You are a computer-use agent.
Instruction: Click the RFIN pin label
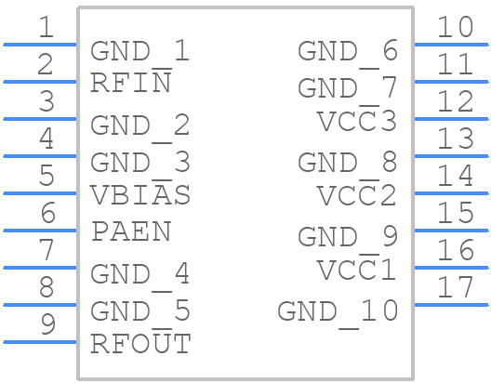[x=131, y=82]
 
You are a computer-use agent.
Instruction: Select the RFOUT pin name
[x=140, y=342]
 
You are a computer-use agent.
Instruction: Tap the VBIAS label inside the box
[x=140, y=193]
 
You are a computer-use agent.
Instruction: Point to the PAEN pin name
[x=131, y=231]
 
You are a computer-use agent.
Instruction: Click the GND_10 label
[x=338, y=312]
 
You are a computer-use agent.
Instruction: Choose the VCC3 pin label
[x=357, y=120]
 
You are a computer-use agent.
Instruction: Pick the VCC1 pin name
[x=357, y=269]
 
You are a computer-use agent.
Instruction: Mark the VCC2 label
[x=357, y=194]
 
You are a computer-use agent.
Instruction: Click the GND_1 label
[x=139, y=51]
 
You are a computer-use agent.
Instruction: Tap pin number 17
[x=455, y=287]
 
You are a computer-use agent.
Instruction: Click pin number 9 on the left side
[x=48, y=324]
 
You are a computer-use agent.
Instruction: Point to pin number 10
[x=455, y=27]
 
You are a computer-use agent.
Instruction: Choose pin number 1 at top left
[x=46, y=27]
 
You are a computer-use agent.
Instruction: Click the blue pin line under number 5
[x=40, y=193]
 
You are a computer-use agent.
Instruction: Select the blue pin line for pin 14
[x=451, y=193]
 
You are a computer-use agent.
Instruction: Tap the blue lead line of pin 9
[x=40, y=342]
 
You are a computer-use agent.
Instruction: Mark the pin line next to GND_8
[x=451, y=156]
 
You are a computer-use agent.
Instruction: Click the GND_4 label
[x=139, y=274]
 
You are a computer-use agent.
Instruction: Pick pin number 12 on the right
[x=455, y=101]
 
